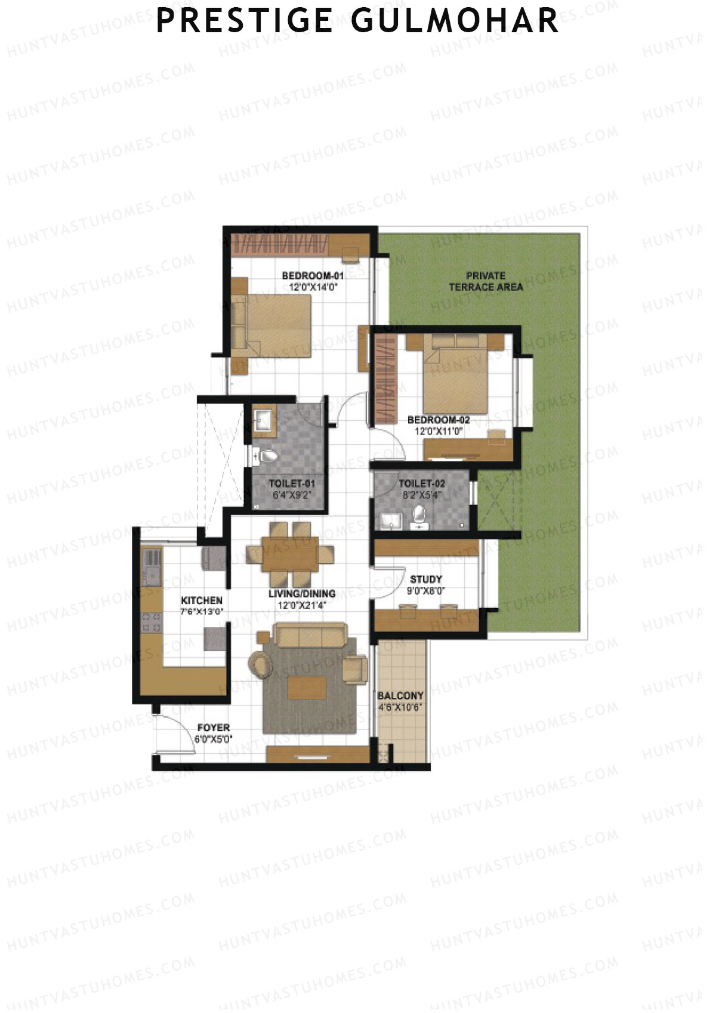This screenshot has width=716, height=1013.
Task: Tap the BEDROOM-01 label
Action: [313, 276]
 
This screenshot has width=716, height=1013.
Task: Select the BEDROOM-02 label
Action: [439, 420]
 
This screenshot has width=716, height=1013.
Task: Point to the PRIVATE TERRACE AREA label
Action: [486, 281]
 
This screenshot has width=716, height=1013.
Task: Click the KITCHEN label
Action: [202, 601]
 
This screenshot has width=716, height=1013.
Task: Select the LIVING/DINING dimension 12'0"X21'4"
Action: [301, 605]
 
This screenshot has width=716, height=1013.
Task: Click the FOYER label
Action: [213, 728]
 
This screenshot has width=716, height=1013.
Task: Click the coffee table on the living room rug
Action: [307, 687]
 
